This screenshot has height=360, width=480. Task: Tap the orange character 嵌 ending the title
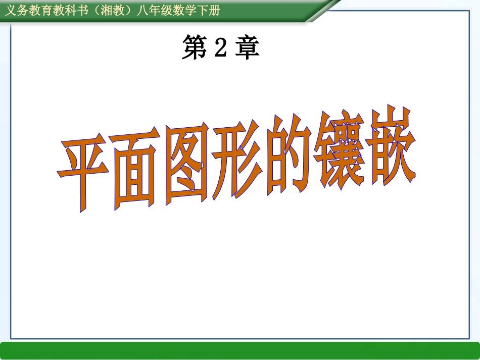click(x=390, y=146)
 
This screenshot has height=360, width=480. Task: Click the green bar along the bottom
click(x=240, y=350)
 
